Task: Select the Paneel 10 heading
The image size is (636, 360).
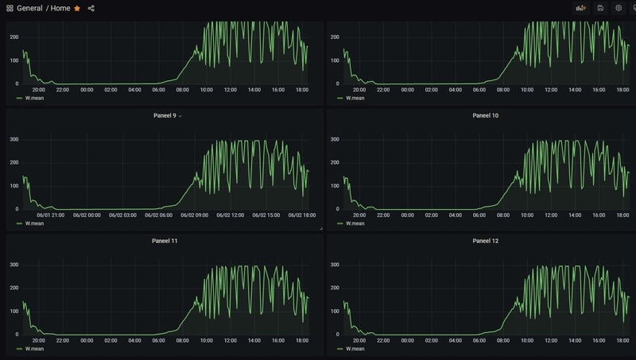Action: point(486,116)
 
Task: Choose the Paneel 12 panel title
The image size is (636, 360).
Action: point(486,241)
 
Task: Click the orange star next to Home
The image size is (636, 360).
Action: point(77,8)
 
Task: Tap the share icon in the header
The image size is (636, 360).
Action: point(91,8)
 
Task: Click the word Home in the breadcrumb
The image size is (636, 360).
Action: point(60,8)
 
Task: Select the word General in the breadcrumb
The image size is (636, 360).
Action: point(29,8)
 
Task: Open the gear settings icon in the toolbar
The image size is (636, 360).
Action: point(619,8)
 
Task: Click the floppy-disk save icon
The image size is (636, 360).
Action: point(600,8)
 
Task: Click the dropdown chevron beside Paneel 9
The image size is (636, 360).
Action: point(180,116)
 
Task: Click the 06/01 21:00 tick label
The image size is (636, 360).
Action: point(49,215)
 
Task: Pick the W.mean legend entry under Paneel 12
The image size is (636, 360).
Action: point(355,348)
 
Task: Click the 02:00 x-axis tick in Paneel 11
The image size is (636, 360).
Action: point(111,340)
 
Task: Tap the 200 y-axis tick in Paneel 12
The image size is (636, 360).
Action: point(335,288)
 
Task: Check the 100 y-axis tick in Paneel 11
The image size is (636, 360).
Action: point(14,311)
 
